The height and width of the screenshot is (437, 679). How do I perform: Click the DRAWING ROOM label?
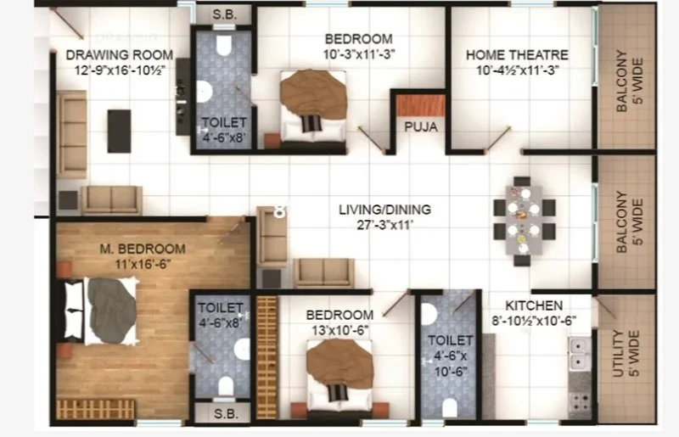(120, 55)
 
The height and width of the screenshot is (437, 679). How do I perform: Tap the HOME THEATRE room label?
(517, 55)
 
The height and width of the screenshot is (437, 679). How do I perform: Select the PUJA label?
(421, 127)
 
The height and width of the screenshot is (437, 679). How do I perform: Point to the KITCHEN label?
(534, 305)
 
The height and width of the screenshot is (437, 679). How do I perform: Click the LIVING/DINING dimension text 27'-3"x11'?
(384, 225)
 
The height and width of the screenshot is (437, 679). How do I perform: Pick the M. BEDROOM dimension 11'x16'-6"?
(143, 264)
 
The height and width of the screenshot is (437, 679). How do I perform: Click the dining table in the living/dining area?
(524, 221)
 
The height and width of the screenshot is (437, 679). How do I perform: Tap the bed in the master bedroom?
(101, 311)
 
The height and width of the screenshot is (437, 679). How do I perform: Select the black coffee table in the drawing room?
(119, 131)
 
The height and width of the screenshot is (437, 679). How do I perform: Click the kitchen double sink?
(580, 354)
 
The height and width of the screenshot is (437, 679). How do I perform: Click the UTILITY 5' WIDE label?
(626, 353)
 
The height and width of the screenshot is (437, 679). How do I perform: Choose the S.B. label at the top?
(225, 14)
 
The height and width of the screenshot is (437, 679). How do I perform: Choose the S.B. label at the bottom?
(226, 414)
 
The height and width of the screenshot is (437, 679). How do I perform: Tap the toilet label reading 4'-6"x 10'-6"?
(451, 356)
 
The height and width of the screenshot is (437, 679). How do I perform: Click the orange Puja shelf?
(421, 106)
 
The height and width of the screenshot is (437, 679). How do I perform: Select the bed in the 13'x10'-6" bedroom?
(340, 375)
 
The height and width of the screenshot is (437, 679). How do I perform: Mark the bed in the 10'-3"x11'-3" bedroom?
(313, 106)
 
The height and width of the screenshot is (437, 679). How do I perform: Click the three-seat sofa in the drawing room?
(71, 134)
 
